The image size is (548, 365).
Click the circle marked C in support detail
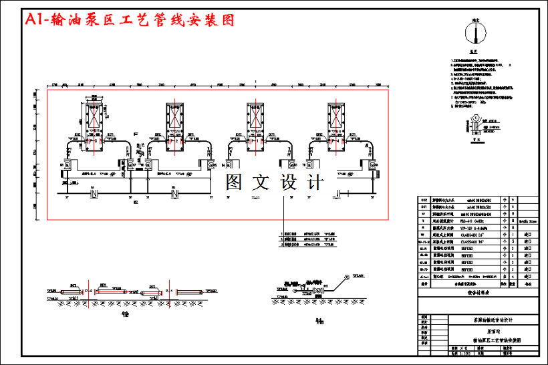pyautogui.click(x=476, y=118)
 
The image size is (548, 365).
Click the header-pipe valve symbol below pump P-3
pyautogui.click(x=94, y=193)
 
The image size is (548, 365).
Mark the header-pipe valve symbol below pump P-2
pyautogui.click(x=175, y=193)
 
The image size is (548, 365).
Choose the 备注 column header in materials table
pyautogui.click(x=527, y=283)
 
